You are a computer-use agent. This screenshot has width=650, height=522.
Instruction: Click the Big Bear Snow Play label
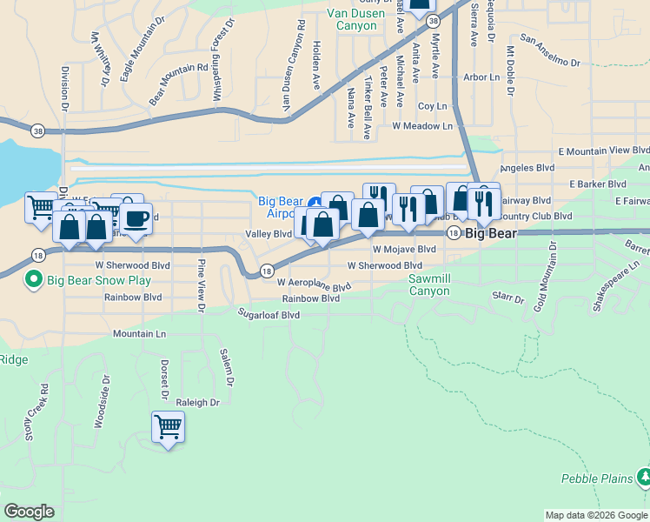tap(99, 280)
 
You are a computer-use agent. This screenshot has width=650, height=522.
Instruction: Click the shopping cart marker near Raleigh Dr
tap(167, 427)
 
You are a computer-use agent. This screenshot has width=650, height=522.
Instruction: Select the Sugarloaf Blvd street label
tap(269, 315)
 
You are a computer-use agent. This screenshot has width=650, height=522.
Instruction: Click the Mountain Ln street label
tap(139, 333)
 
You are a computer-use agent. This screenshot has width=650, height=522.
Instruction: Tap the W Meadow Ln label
tap(422, 126)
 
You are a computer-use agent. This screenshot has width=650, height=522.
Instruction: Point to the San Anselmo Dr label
tap(549, 50)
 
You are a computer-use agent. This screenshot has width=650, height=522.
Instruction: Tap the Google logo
tap(29, 512)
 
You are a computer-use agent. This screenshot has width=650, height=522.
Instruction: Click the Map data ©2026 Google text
tap(595, 515)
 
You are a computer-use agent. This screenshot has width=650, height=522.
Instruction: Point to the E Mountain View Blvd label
tap(604, 151)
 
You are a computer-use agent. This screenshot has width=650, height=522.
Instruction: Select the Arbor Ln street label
tap(482, 77)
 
